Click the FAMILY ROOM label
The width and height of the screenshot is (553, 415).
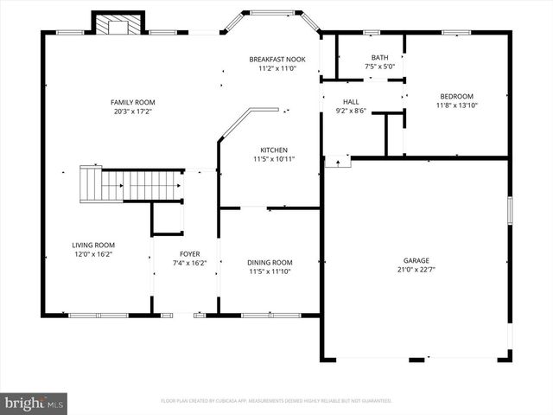133,102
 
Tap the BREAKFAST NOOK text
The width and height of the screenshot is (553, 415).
277,59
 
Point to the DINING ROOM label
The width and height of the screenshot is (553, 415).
270,262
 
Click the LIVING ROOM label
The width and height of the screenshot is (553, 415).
92,245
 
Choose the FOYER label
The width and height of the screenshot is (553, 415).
189,254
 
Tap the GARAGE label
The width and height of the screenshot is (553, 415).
416,260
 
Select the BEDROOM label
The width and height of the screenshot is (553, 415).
457,96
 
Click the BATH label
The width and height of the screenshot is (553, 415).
380,57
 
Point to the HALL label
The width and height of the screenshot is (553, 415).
350,101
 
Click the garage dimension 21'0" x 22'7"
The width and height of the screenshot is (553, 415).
416,270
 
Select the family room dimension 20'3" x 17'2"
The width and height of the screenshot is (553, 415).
133,112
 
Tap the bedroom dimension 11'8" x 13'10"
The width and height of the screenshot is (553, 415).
457,105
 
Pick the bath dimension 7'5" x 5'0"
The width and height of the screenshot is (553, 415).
380,67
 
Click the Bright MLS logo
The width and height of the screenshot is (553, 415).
34,403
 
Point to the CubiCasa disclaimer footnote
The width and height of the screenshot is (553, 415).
276,401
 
